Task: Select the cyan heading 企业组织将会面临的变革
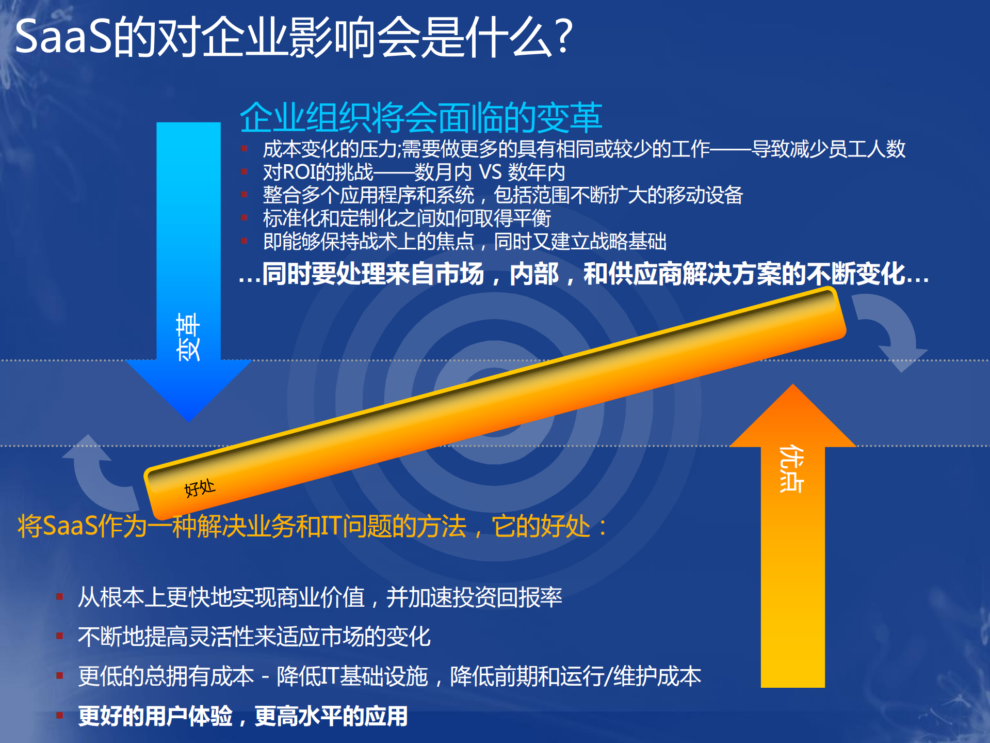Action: [x=420, y=117]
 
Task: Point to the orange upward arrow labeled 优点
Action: [x=792, y=542]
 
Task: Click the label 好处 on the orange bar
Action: [x=200, y=487]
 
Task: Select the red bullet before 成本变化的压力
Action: [x=244, y=149]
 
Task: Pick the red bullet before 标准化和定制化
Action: [x=244, y=218]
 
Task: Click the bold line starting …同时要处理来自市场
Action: [x=583, y=274]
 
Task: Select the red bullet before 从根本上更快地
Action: [x=60, y=597]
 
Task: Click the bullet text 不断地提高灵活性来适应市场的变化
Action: [x=254, y=637]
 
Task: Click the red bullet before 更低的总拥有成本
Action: [x=60, y=676]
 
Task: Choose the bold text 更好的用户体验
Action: [x=155, y=716]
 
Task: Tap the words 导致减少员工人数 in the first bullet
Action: [x=828, y=149]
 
